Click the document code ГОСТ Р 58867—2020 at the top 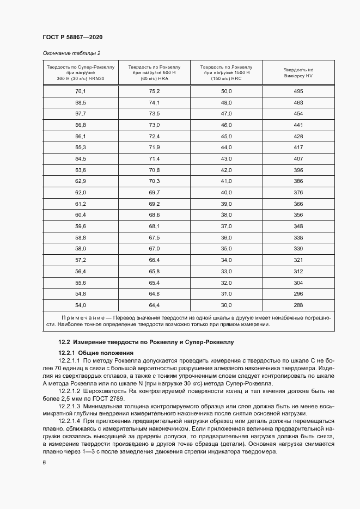click(x=72, y=37)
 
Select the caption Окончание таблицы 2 click(x=71, y=53)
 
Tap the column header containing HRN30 click(x=81, y=72)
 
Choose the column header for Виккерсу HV click(x=298, y=73)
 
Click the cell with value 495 click(x=298, y=91)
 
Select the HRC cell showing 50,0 click(x=226, y=91)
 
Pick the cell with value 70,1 click(x=81, y=91)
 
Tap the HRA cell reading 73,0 click(x=154, y=125)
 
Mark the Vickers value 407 click(x=298, y=158)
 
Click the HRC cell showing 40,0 click(x=226, y=192)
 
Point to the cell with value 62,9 click(x=81, y=181)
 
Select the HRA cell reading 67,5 click(x=154, y=237)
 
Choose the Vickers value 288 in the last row click(x=298, y=305)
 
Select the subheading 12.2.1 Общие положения click(x=91, y=353)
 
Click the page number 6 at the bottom click(x=44, y=462)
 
